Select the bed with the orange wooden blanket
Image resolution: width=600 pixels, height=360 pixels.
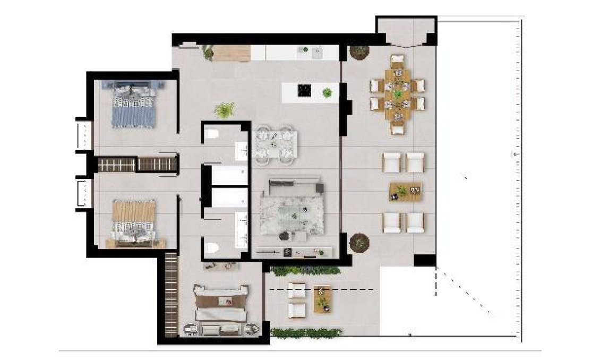[x=134, y=222]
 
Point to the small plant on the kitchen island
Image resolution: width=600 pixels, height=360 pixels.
[x=327, y=93]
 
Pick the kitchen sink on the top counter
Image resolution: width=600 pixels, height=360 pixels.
[x=318, y=52]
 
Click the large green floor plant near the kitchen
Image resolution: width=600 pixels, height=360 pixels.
[x=225, y=110]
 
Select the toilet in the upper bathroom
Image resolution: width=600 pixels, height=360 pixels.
[x=212, y=133]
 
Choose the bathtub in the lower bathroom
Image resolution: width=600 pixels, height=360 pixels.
[x=229, y=198]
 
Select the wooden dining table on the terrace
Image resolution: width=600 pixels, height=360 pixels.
[x=398, y=94]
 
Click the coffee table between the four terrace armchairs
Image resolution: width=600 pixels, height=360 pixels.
[x=405, y=191]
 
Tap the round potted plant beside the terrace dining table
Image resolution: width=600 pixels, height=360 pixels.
[x=359, y=53]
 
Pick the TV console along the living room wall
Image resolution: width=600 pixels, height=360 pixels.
[x=293, y=252]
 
